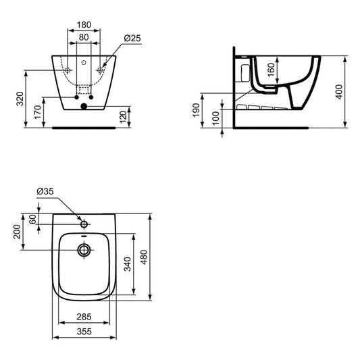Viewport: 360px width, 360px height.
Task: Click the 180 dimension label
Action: click(x=84, y=24)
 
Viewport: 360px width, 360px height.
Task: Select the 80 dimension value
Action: click(x=84, y=37)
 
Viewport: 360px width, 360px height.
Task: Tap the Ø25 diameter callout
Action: click(x=132, y=38)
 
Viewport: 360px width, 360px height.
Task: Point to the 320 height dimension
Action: click(x=20, y=99)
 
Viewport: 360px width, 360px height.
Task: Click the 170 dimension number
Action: click(x=38, y=112)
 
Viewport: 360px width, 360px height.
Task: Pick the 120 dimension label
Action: click(x=124, y=117)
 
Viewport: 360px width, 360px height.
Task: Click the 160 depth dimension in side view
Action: click(x=271, y=70)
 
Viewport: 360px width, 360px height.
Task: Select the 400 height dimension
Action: click(x=339, y=92)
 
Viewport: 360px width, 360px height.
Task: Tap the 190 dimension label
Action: click(x=196, y=110)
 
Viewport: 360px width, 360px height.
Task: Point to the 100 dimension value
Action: click(x=216, y=118)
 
